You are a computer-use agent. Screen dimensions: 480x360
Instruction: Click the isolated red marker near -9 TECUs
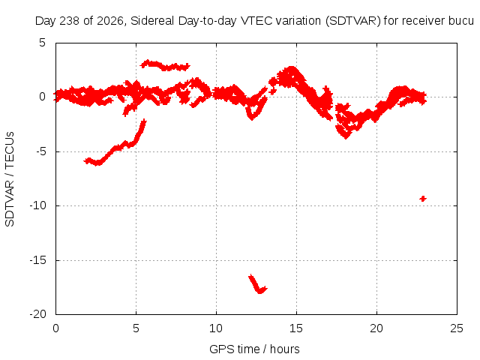point(423,199)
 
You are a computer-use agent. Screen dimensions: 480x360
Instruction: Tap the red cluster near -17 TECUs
point(257,284)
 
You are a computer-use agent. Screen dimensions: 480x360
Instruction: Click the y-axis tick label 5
point(42,43)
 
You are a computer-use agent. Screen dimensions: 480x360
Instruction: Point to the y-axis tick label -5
point(38,151)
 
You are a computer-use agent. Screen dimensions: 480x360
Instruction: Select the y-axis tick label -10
point(38,205)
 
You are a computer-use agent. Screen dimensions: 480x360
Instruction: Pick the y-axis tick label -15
point(38,260)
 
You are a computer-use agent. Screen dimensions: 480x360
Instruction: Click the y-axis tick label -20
point(38,314)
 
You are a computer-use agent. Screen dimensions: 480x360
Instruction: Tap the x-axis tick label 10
point(216,328)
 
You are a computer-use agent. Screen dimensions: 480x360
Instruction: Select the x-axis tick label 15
point(296,328)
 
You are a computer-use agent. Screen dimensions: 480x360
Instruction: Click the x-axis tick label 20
point(376,328)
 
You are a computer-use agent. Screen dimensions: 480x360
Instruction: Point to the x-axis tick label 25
point(457,328)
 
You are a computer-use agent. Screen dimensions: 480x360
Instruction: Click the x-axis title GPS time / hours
point(254,349)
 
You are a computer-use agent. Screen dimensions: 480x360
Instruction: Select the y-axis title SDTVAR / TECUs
point(10,179)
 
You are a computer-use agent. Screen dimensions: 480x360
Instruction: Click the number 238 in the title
point(70,21)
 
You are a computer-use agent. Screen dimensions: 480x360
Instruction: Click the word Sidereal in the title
point(152,21)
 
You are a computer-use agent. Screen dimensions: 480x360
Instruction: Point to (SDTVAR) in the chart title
point(353,21)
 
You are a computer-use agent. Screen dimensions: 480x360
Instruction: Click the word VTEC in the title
point(252,21)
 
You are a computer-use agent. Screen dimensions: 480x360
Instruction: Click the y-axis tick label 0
point(42,97)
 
